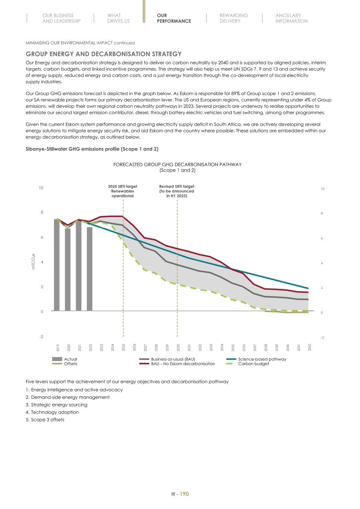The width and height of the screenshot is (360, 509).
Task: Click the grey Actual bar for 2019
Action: (57, 265)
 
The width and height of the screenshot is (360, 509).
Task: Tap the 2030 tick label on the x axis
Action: (178, 348)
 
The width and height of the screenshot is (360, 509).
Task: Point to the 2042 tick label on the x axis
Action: (310, 348)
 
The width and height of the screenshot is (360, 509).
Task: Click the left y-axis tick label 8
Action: (42, 213)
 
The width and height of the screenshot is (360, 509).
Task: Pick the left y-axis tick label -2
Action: (41, 337)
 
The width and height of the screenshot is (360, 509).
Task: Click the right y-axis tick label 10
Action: (323, 189)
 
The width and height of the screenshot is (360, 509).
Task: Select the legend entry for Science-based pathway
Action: (262, 359)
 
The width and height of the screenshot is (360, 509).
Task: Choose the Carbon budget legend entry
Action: (253, 364)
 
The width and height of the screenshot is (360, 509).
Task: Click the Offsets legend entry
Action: (71, 364)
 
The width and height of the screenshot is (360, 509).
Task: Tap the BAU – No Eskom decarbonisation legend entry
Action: (183, 364)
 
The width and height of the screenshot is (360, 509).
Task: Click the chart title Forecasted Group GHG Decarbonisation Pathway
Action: (177, 164)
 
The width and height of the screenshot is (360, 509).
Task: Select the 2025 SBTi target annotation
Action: (122, 191)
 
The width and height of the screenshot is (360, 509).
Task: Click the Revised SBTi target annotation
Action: (176, 191)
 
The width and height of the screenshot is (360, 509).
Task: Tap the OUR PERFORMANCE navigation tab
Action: (174, 18)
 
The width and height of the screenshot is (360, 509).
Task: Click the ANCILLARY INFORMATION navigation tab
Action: (291, 18)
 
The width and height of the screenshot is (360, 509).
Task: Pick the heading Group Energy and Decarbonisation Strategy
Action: (103, 54)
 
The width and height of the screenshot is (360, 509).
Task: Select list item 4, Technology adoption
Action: (54, 412)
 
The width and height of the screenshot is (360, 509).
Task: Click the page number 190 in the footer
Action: (184, 494)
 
